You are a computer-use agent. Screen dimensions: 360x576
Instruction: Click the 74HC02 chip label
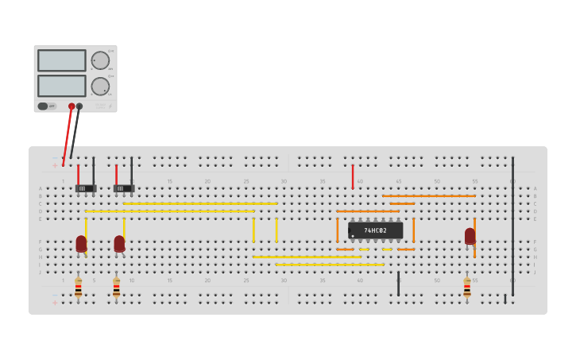tap(375, 230)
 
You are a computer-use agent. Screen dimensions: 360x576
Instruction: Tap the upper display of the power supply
tap(61, 60)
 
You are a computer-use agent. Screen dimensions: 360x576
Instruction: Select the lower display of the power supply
tap(61, 86)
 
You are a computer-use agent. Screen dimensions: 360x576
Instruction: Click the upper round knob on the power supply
tap(100, 60)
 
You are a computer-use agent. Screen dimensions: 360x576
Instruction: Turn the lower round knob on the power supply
tap(100, 86)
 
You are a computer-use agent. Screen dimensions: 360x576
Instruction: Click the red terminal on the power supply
tap(72, 106)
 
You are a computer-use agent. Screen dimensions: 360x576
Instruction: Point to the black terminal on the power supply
tap(79, 106)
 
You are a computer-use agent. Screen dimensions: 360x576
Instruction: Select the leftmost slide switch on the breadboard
tap(85, 188)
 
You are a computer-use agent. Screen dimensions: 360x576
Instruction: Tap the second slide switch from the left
tap(123, 188)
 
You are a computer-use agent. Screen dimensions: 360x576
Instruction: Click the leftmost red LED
tap(81, 243)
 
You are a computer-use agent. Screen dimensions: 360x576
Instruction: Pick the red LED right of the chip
tap(470, 236)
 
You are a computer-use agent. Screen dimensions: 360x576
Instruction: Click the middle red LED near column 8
tap(119, 243)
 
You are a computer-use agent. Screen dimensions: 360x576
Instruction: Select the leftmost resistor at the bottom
tap(78, 288)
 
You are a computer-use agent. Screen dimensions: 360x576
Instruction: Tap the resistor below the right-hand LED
tap(467, 288)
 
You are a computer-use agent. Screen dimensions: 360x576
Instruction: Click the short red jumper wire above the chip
tap(353, 176)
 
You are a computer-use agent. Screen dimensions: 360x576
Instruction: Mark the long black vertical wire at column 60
tap(512, 226)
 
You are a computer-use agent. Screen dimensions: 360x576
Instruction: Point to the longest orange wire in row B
tap(428, 195)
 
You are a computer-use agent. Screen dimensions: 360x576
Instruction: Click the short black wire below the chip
tap(398, 283)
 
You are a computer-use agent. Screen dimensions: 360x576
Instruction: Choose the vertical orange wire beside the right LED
tap(475, 238)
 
